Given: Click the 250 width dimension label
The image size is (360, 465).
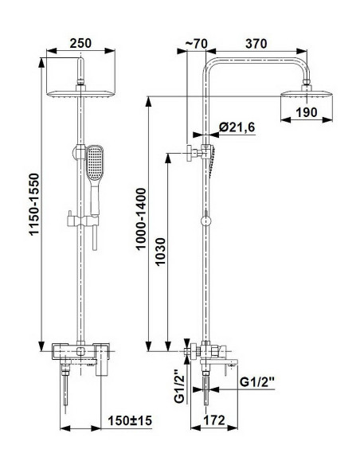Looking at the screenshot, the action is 80,43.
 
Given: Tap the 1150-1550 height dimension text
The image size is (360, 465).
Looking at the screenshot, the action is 34,204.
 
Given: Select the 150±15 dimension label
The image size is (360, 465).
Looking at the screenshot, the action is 130,420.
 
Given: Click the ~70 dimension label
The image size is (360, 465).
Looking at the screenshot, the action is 196,44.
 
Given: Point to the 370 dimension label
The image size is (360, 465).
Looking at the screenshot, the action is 256,44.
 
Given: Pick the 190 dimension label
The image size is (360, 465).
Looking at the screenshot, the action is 307,112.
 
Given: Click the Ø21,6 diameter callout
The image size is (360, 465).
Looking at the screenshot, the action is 237,127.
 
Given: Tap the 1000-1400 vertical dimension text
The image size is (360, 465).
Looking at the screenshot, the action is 141,219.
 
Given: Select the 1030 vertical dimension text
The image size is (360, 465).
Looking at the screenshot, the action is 160,252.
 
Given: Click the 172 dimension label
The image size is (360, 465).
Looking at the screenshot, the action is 214,420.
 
